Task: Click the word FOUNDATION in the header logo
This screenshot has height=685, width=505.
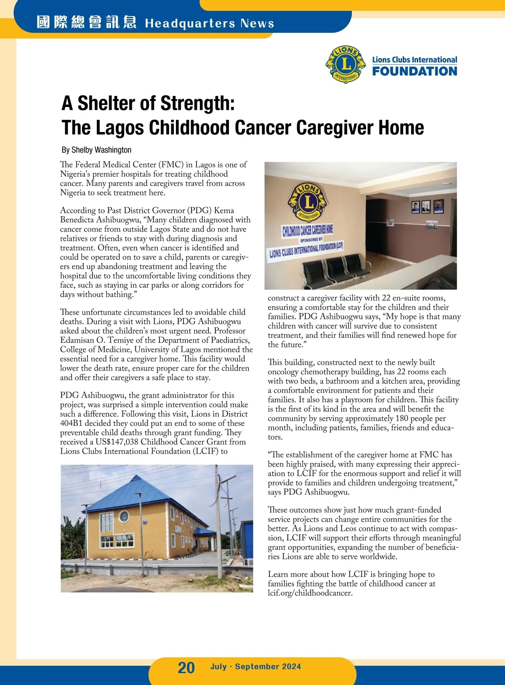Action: pyautogui.click(x=414, y=72)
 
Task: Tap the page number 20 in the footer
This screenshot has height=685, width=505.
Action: pyautogui.click(x=186, y=667)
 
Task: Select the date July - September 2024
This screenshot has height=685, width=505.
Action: pyautogui.click(x=255, y=666)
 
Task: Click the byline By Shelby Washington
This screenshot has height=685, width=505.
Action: pyautogui.click(x=96, y=150)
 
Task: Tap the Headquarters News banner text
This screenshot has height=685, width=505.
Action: pyautogui.click(x=209, y=23)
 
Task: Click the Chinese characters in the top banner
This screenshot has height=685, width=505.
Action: pyautogui.click(x=87, y=22)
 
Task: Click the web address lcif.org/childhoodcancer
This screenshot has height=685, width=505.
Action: pyautogui.click(x=310, y=593)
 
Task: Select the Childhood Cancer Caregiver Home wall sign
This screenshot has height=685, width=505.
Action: pyautogui.click(x=307, y=230)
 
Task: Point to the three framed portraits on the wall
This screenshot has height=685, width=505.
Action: pyautogui.click(x=427, y=206)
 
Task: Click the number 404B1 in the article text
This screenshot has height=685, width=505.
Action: pyautogui.click(x=71, y=423)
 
